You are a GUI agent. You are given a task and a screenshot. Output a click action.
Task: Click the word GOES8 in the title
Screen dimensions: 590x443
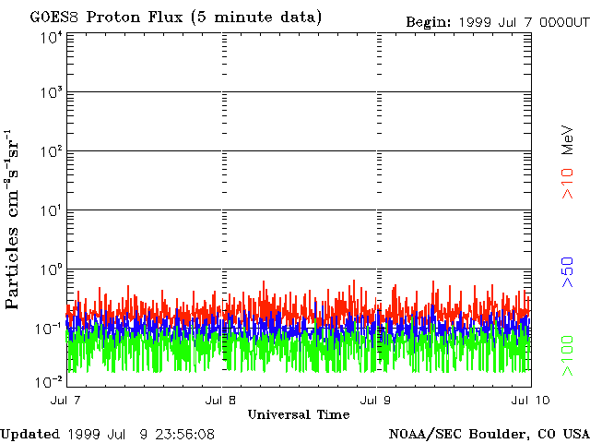(53, 18)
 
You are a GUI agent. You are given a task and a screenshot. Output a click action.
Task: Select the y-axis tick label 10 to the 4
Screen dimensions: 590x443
(52, 38)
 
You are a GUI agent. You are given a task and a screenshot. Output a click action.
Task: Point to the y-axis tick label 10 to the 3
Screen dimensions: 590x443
(52, 92)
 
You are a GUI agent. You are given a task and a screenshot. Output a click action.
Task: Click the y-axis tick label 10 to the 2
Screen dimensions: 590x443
(52, 151)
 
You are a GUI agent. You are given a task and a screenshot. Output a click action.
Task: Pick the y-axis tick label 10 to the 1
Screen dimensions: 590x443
(52, 210)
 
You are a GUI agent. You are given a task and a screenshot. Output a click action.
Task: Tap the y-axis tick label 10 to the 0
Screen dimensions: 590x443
(52, 269)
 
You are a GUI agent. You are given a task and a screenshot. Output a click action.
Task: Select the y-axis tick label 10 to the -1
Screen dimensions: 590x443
(49, 329)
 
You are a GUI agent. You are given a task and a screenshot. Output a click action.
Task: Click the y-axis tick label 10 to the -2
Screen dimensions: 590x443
(49, 382)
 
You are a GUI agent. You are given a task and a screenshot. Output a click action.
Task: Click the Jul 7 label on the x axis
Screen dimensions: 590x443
(65, 400)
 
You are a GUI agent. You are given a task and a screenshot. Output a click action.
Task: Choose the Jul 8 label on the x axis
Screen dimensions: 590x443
(220, 400)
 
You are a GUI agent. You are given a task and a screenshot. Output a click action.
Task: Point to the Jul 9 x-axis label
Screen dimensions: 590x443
(375, 400)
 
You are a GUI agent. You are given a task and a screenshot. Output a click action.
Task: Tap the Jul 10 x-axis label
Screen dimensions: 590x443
(531, 400)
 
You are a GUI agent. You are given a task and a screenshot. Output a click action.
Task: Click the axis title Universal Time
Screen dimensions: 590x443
(299, 414)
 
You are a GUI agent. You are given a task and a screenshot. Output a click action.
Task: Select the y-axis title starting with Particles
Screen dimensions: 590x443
(12, 220)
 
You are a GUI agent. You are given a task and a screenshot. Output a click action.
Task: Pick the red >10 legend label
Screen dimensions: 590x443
(568, 184)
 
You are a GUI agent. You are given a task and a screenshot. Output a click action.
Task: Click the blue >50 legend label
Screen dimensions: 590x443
(568, 272)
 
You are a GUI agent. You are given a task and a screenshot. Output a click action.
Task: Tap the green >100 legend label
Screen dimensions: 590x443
(568, 356)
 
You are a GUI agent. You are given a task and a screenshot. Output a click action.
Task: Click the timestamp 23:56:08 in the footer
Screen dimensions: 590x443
(184, 435)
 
